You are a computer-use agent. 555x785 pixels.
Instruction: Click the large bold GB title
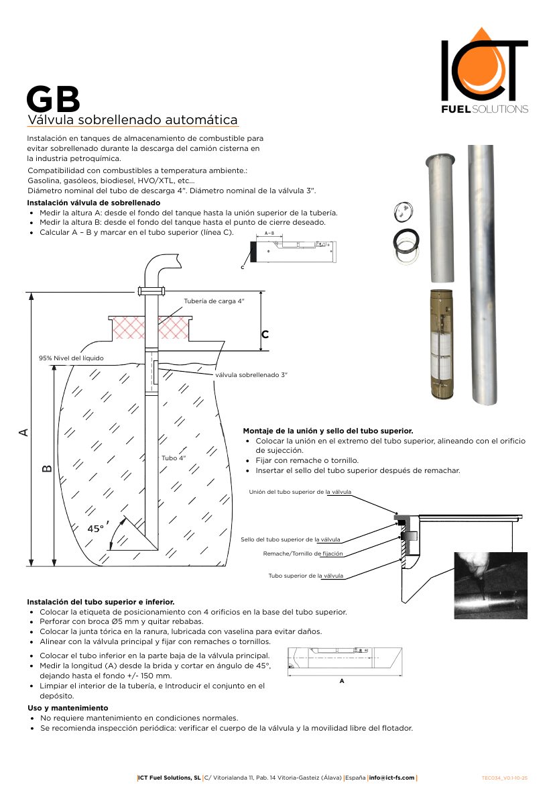click(53, 99)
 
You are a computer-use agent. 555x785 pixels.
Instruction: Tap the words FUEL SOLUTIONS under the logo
click(484, 109)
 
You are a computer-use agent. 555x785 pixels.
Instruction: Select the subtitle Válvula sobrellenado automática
click(132, 120)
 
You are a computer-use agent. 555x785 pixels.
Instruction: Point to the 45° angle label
click(97, 529)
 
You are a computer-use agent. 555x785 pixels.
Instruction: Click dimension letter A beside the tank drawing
click(23, 432)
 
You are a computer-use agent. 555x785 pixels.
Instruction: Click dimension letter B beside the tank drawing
click(47, 468)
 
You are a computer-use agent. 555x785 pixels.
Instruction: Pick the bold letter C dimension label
click(265, 334)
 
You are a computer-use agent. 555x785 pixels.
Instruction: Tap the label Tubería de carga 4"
click(214, 301)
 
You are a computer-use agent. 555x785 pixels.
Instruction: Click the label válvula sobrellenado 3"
click(251, 374)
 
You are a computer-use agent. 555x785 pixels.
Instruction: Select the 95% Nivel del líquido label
click(71, 358)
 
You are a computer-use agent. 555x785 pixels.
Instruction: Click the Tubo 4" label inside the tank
click(174, 458)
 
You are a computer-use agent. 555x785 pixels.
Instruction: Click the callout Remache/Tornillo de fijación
click(303, 554)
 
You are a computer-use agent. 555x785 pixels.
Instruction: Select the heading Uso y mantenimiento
click(67, 708)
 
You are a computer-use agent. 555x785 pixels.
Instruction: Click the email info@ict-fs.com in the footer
click(392, 778)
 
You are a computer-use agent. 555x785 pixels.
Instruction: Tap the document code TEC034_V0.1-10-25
click(509, 778)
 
